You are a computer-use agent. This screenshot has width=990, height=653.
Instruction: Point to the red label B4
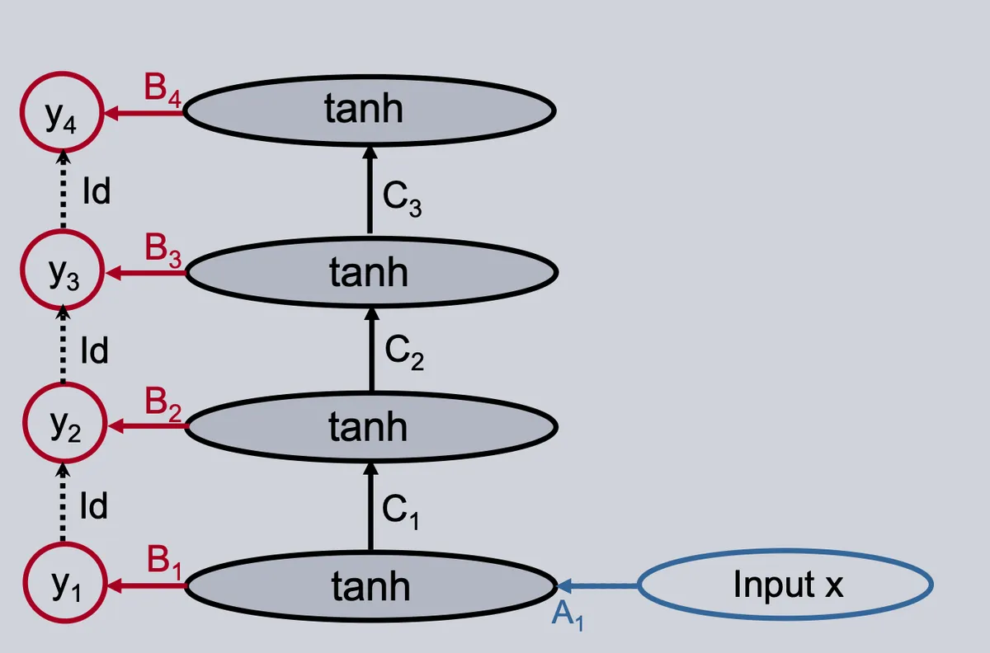click(163, 91)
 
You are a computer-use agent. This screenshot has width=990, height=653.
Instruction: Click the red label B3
click(163, 251)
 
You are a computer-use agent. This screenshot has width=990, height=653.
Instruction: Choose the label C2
click(404, 353)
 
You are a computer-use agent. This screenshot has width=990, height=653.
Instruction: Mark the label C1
click(400, 512)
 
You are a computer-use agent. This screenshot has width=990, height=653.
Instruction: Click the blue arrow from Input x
click(597, 586)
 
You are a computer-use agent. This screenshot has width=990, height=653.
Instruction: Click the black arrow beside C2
click(372, 349)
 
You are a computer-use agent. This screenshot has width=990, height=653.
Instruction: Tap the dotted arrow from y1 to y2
click(63, 502)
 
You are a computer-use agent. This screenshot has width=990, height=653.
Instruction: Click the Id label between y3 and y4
click(97, 190)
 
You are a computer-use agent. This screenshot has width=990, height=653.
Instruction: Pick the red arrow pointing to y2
click(148, 426)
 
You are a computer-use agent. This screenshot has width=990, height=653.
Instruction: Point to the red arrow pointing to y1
click(147, 586)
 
